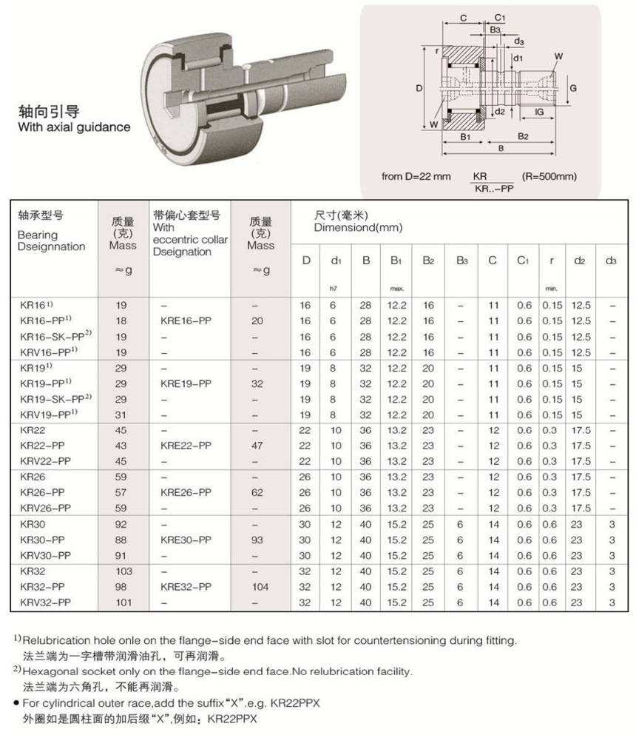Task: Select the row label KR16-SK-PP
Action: point(45,337)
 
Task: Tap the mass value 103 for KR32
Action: point(124,571)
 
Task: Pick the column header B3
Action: point(461,260)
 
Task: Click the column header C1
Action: point(523,260)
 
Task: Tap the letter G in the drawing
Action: point(572,87)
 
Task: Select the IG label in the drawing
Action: point(539,112)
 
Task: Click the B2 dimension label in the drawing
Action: point(523,136)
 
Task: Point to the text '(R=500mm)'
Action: point(549,176)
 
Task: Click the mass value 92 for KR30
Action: point(124,524)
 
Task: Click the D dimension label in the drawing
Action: point(419,87)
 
